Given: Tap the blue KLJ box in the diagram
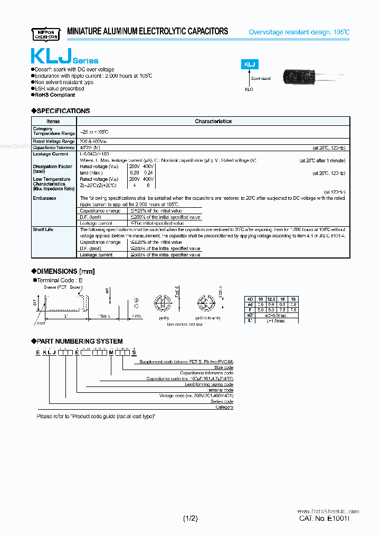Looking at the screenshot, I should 250,64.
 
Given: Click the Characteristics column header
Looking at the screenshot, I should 213,121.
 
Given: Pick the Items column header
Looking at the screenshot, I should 53,121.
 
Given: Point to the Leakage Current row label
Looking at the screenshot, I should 51,154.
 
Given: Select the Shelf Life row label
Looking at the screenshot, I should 43,229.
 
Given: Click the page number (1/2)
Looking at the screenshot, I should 191,519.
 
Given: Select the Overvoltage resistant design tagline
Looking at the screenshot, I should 299,32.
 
